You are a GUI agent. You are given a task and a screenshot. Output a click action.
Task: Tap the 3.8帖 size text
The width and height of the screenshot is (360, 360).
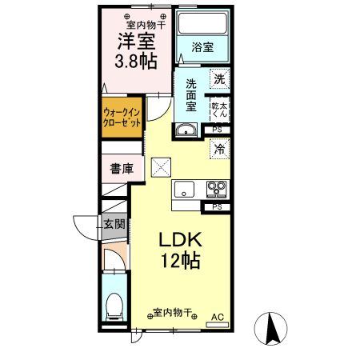[x=134, y=60]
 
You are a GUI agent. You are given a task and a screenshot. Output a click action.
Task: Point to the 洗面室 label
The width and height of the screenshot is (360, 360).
[x=191, y=94]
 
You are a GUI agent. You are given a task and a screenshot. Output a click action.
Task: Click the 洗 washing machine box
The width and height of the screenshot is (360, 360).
[x=218, y=79]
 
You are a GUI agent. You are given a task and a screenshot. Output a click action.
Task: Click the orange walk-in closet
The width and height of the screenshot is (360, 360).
[x=122, y=119]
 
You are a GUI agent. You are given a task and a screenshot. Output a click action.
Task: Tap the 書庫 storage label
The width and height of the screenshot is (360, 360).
[x=122, y=169]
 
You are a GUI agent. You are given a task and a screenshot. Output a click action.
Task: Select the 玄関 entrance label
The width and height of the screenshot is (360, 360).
[x=113, y=224]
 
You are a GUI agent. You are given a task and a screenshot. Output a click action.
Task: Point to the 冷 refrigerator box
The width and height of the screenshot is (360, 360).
[x=218, y=148]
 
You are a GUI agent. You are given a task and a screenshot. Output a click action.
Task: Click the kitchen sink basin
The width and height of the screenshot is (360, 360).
[x=185, y=190]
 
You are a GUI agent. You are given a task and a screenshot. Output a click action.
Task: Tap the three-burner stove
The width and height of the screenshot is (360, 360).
[x=216, y=190]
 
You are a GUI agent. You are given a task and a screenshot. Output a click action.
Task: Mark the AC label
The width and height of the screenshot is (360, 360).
[x=216, y=317]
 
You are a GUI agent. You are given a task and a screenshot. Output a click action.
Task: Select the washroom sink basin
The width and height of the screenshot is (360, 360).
[x=186, y=131]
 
